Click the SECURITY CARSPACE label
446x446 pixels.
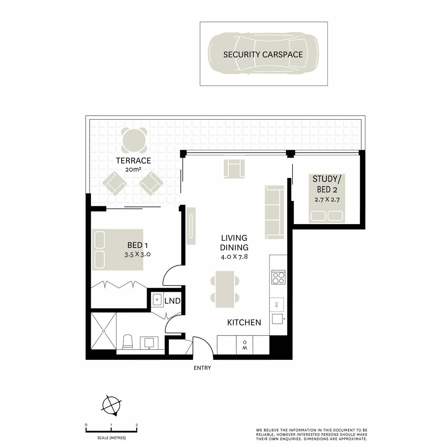tap(263, 54)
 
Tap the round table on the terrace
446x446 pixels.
tap(134, 140)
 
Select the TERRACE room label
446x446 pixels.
tap(133, 161)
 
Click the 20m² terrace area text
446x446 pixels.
tap(133, 169)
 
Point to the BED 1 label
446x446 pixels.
tap(138, 245)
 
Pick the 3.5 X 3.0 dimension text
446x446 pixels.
tap(138, 255)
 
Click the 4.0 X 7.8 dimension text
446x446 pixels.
tap(234, 257)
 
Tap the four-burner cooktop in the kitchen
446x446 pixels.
tap(278, 277)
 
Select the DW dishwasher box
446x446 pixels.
tap(277, 304)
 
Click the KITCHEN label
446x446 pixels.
tap(244, 322)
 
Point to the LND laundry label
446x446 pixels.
tap(172, 301)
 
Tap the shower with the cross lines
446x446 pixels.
tap(103, 331)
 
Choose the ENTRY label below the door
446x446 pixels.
tap(202, 368)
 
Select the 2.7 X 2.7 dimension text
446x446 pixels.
tap(327, 199)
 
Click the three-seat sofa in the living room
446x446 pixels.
tap(275, 212)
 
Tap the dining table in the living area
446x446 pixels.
tap(225, 289)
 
